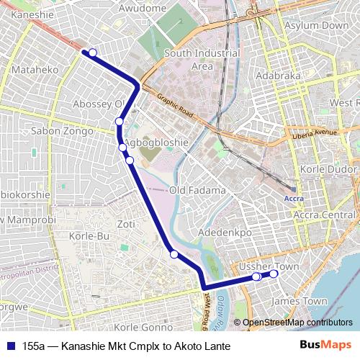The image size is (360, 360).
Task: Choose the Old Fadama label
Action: [197, 190]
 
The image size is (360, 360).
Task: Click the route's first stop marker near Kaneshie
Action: [92, 53]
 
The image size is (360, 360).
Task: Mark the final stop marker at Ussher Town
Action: [274, 274]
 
